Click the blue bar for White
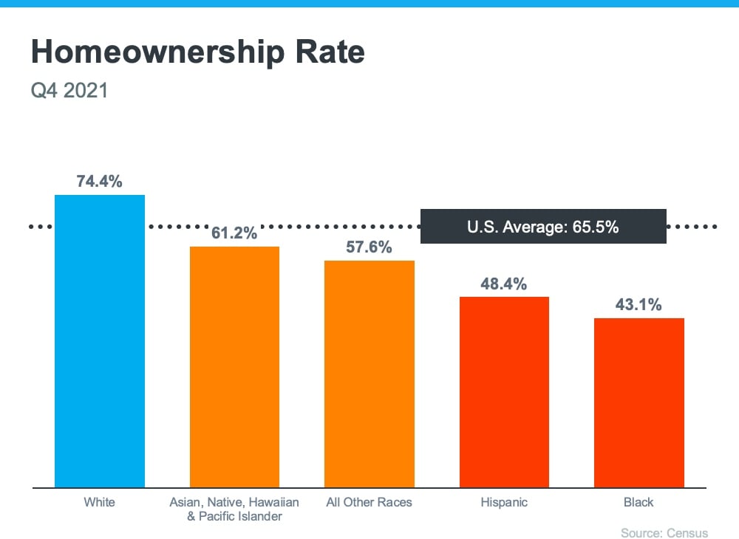point(100,340)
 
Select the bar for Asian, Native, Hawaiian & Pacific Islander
point(234,366)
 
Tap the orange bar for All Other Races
point(369,374)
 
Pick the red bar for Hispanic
point(504,391)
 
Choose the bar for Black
point(639,402)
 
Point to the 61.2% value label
point(234,233)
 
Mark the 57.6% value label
point(369,247)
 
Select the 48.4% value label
point(504,284)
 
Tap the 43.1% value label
point(639,305)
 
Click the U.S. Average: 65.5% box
point(543,227)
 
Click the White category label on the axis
point(99,503)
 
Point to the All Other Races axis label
point(369,503)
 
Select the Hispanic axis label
point(504,503)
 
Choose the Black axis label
point(639,503)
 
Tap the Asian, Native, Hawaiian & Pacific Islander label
point(234,509)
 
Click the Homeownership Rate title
point(197,53)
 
